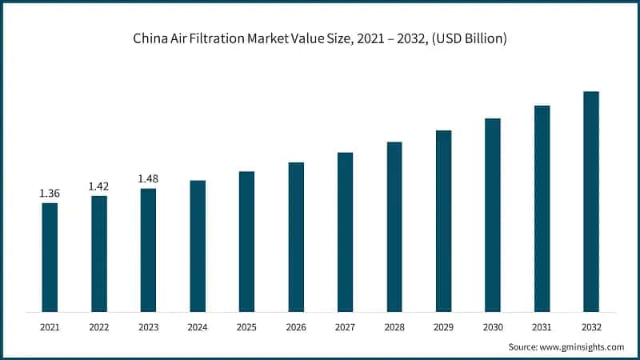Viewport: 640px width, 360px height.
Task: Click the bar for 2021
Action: (x=50, y=257)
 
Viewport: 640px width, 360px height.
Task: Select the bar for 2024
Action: (x=198, y=246)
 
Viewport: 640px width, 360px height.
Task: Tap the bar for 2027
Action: (x=345, y=231)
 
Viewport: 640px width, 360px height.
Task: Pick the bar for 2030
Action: (x=493, y=214)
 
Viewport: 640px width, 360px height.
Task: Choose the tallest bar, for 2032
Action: (x=591, y=201)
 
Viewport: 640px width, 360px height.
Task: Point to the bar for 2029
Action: (x=443, y=220)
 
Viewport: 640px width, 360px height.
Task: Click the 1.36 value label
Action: (x=50, y=193)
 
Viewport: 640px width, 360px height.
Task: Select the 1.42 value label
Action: (x=99, y=186)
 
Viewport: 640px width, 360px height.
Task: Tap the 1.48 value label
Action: (x=148, y=178)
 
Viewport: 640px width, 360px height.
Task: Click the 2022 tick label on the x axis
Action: (x=99, y=327)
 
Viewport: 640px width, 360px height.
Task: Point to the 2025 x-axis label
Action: (x=246, y=327)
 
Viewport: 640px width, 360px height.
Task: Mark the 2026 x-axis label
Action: (x=296, y=327)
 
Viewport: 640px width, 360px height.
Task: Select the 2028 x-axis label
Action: (x=394, y=327)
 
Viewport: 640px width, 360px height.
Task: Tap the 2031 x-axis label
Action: (x=542, y=327)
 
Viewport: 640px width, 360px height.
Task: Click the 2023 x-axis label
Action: (x=148, y=327)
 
